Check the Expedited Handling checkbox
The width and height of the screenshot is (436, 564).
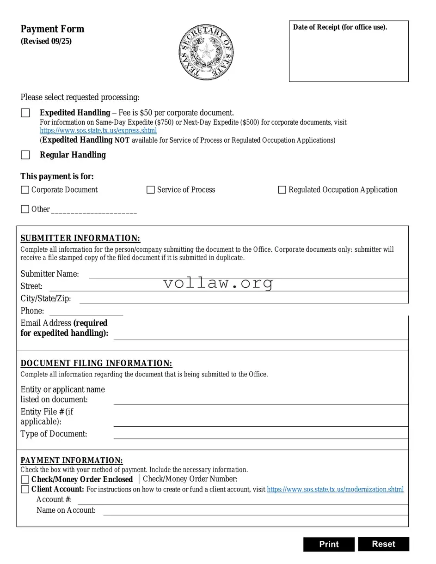point(25,113)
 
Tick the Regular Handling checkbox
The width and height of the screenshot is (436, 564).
point(25,155)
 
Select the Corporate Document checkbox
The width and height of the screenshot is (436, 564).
point(25,190)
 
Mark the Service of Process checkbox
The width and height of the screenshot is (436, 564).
point(150,190)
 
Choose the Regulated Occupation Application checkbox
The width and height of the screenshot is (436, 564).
point(282,190)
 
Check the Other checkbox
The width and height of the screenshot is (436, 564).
point(25,209)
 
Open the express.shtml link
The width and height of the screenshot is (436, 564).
point(98,131)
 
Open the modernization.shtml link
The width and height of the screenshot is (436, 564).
point(335,489)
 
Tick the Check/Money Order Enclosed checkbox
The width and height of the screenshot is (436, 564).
point(25,479)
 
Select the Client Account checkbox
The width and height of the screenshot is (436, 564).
point(25,489)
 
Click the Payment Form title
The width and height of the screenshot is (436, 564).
point(52,29)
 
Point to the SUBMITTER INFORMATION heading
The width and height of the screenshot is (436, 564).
point(80,238)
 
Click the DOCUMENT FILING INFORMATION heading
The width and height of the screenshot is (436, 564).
point(96,364)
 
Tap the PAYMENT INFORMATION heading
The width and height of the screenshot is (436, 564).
point(72,461)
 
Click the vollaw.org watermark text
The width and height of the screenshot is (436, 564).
point(218,283)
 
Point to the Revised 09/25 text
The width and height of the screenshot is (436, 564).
point(46,42)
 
